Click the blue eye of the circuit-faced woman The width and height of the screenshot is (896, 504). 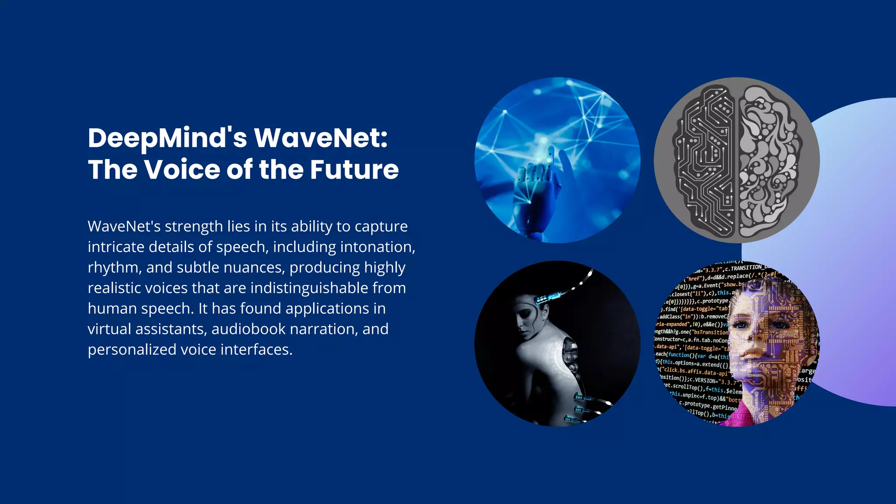click(741, 325)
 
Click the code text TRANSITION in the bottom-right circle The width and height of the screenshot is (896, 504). click(747, 268)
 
